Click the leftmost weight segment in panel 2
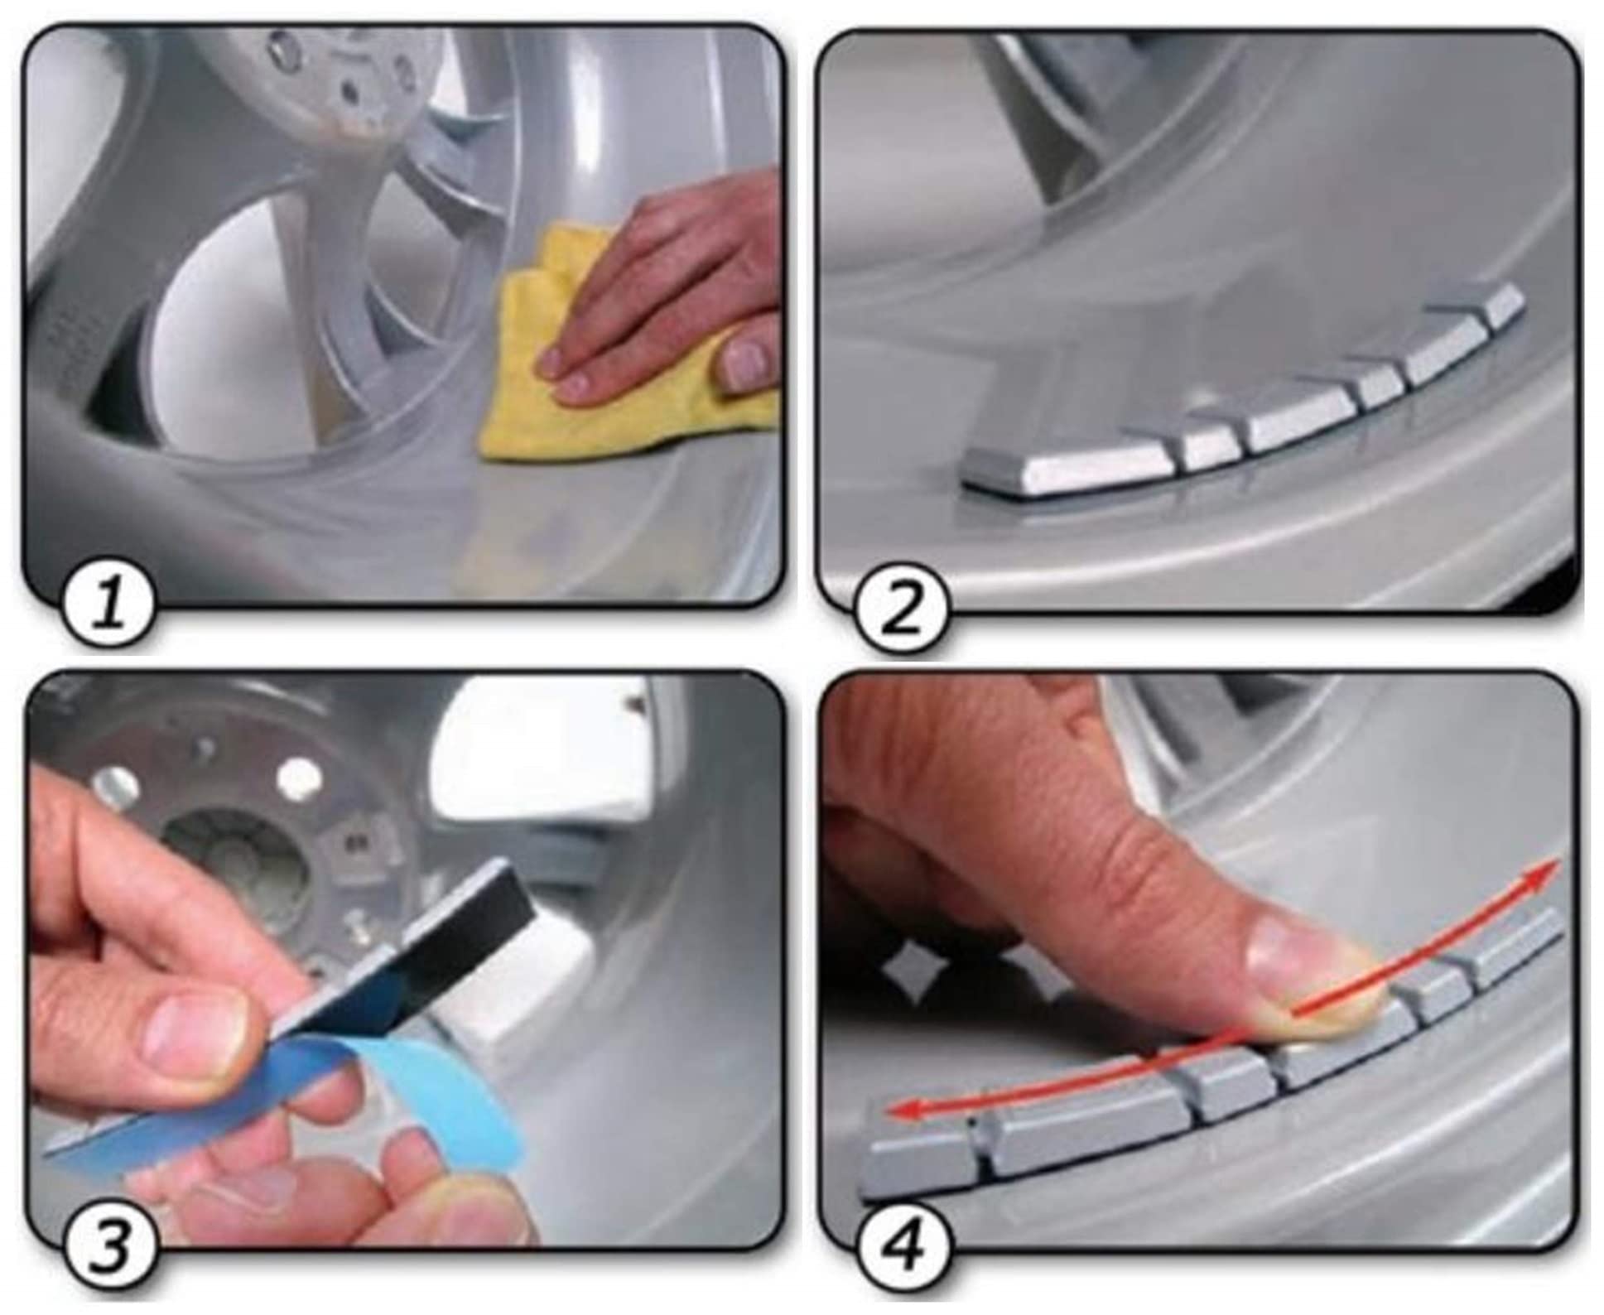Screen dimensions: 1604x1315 point(1068,471)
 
